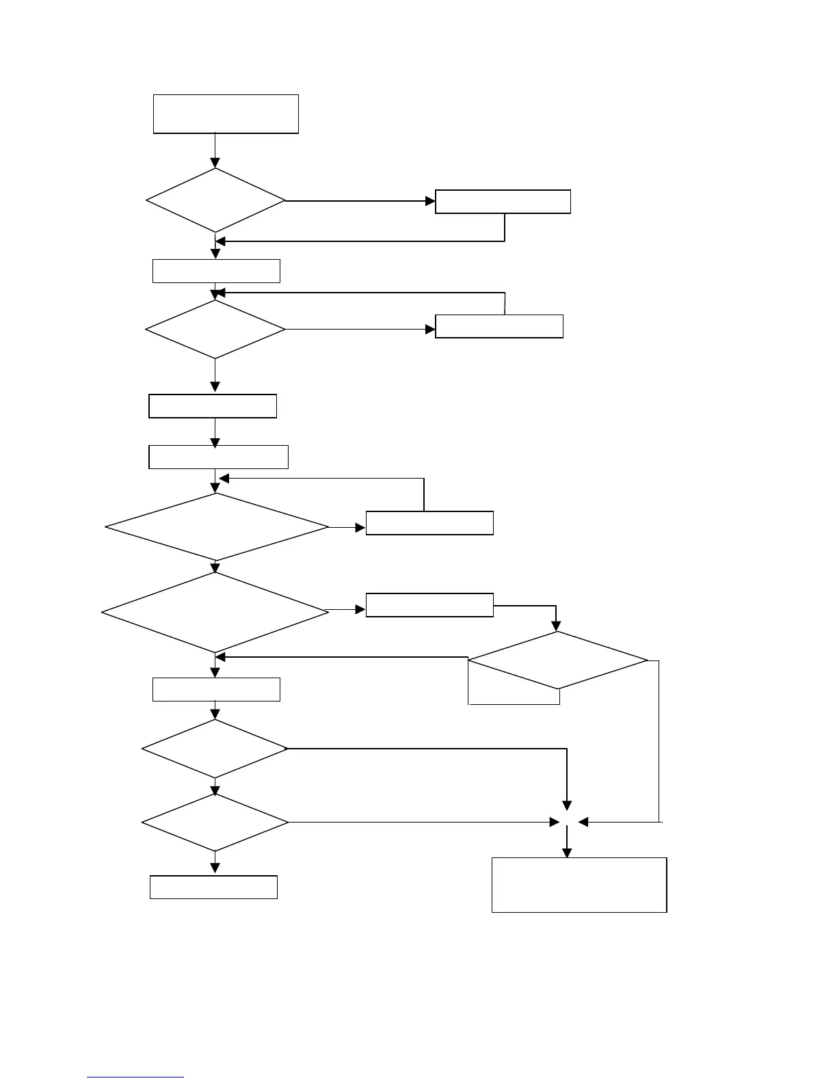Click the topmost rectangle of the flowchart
pos(226,113)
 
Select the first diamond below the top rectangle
pos(215,200)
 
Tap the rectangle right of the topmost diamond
pos(503,202)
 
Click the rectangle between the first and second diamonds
pos(216,271)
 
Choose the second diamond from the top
pos(215,330)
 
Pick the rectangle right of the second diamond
pos(499,326)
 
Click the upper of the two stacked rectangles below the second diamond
pos(213,406)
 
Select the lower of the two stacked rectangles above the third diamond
pos(218,457)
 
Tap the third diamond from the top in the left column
pos(217,527)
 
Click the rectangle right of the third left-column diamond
pos(429,522)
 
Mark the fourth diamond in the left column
pos(215,612)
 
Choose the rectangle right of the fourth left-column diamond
pos(429,605)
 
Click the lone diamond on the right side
pos(557,660)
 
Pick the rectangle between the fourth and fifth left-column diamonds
pos(216,689)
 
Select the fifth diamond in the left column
pos(215,749)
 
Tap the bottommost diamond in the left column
pos(215,822)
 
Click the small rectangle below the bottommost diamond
pos(213,887)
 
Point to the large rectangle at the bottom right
pos(579,885)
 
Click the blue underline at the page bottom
pos(135,1078)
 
